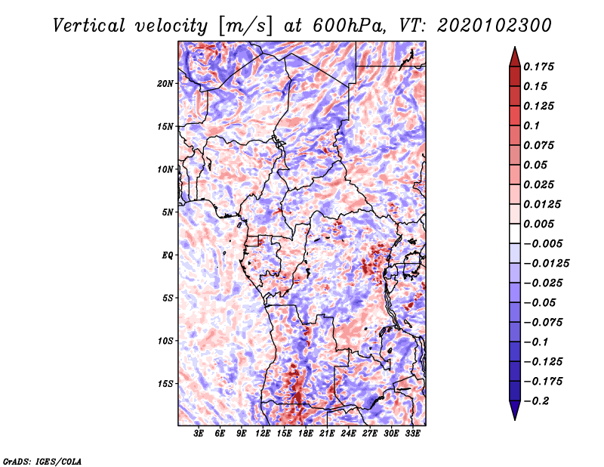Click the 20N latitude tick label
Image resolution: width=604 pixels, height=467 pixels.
pos(165,84)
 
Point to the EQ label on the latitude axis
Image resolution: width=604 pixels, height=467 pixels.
pos(168,255)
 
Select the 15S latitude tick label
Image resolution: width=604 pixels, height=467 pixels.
pos(165,384)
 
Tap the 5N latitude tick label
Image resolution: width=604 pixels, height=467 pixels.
pos(168,212)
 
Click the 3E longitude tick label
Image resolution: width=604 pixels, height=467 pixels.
pos(199,434)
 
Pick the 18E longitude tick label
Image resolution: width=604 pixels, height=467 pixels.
pos(306,434)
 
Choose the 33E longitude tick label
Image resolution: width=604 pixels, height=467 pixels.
pos(412,434)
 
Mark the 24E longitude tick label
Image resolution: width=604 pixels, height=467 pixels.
pos(348,434)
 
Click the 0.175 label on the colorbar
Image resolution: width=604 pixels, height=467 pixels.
pos(538,66)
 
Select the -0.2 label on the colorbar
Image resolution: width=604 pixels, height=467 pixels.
pos(536,401)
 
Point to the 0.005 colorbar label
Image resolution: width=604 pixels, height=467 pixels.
pos(538,224)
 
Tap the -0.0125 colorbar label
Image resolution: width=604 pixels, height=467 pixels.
pos(546,264)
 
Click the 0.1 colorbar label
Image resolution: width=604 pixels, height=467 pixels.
pos(532,125)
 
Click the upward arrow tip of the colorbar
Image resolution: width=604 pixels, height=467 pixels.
pos(515,47)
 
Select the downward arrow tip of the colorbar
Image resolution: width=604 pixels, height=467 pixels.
pos(515,420)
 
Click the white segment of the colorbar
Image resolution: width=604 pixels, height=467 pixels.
pos(515,233)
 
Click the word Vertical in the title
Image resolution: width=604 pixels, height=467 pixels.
pos(89,26)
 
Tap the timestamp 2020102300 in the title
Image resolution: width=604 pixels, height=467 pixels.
pos(495,26)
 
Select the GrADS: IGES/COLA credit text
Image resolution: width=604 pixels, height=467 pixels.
pos(42,461)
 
